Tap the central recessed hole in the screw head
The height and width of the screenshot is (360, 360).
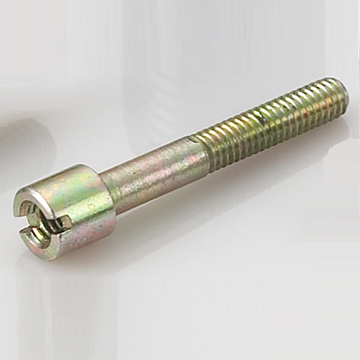coord(38,220)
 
